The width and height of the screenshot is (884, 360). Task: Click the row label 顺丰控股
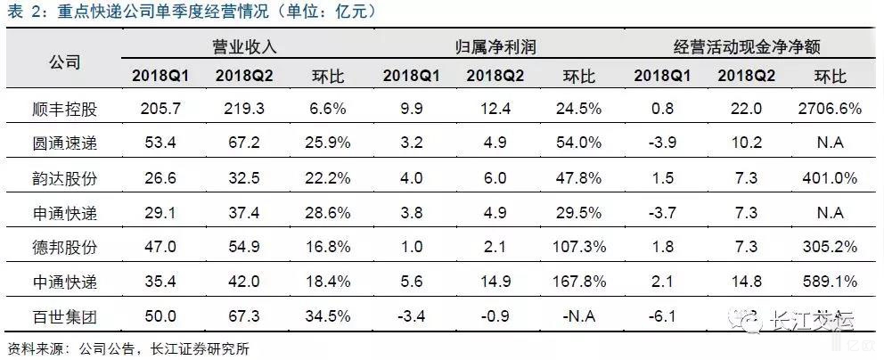click(61, 108)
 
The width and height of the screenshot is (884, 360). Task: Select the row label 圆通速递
click(61, 143)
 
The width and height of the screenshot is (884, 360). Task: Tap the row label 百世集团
click(61, 317)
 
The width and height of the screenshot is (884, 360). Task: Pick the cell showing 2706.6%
click(826, 108)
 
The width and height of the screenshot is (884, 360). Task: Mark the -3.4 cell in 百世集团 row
click(405, 317)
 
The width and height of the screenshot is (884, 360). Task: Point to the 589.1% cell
click(826, 282)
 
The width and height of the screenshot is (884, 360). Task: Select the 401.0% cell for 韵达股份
click(826, 177)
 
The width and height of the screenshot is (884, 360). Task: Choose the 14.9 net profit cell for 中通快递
click(486, 282)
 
